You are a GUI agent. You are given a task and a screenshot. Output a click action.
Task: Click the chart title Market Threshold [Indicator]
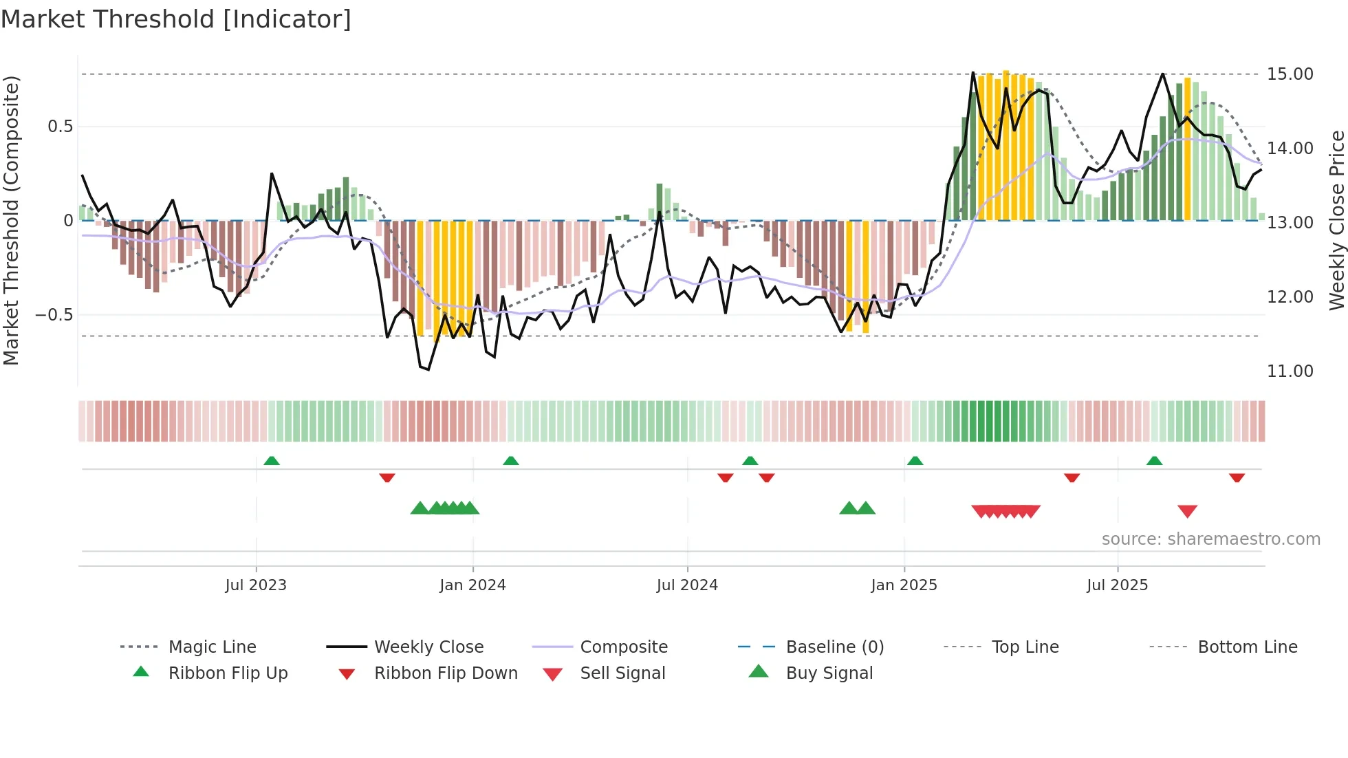[x=176, y=19]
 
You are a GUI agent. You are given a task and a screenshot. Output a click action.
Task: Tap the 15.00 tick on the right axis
[x=1290, y=74]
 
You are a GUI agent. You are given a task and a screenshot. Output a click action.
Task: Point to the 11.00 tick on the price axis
[x=1290, y=371]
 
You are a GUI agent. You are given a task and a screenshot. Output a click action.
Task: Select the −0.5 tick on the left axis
[x=54, y=315]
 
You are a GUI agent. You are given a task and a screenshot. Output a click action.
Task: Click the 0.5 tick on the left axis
[x=60, y=127]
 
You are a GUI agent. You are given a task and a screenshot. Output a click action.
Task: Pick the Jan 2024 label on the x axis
[x=472, y=585]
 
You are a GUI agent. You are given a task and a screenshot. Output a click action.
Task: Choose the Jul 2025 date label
[x=1117, y=585]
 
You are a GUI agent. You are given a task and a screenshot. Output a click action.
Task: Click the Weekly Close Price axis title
[x=1336, y=220]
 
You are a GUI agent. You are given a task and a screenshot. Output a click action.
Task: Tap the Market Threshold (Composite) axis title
[x=11, y=220]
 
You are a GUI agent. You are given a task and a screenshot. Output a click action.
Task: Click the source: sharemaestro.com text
[x=1210, y=539]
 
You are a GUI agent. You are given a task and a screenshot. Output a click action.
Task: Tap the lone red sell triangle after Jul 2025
[x=1187, y=511]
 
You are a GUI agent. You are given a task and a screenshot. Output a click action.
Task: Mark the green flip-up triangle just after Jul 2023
[x=272, y=461]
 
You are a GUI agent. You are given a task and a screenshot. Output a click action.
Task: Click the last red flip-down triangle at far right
[x=1237, y=477]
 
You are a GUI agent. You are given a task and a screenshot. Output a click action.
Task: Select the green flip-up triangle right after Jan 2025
[x=915, y=461]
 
